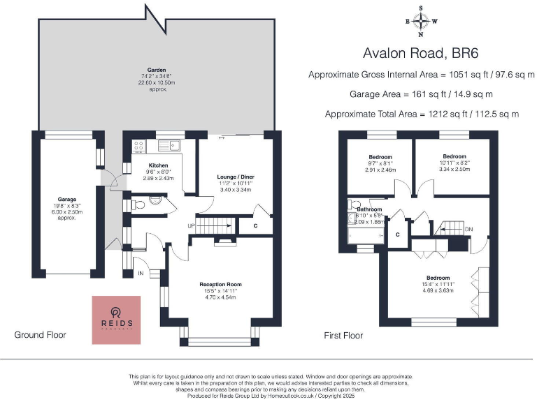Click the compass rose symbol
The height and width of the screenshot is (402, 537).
(421, 21)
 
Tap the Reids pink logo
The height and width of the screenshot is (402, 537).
(117, 320)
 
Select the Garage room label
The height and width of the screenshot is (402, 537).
(67, 200)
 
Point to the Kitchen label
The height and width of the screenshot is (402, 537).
(159, 165)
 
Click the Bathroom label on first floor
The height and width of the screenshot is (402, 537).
(369, 209)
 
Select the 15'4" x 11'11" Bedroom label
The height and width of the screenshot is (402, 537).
(438, 278)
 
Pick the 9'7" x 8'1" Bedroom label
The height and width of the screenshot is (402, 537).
(380, 157)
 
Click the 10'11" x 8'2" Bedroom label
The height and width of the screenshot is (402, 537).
(454, 156)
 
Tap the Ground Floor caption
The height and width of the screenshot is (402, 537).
(41, 335)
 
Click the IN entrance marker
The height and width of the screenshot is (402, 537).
(141, 273)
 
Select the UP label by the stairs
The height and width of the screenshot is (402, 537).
(191, 226)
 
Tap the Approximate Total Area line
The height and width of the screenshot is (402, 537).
(422, 114)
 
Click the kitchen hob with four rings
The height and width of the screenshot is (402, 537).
(138, 147)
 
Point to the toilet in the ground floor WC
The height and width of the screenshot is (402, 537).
(138, 204)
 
